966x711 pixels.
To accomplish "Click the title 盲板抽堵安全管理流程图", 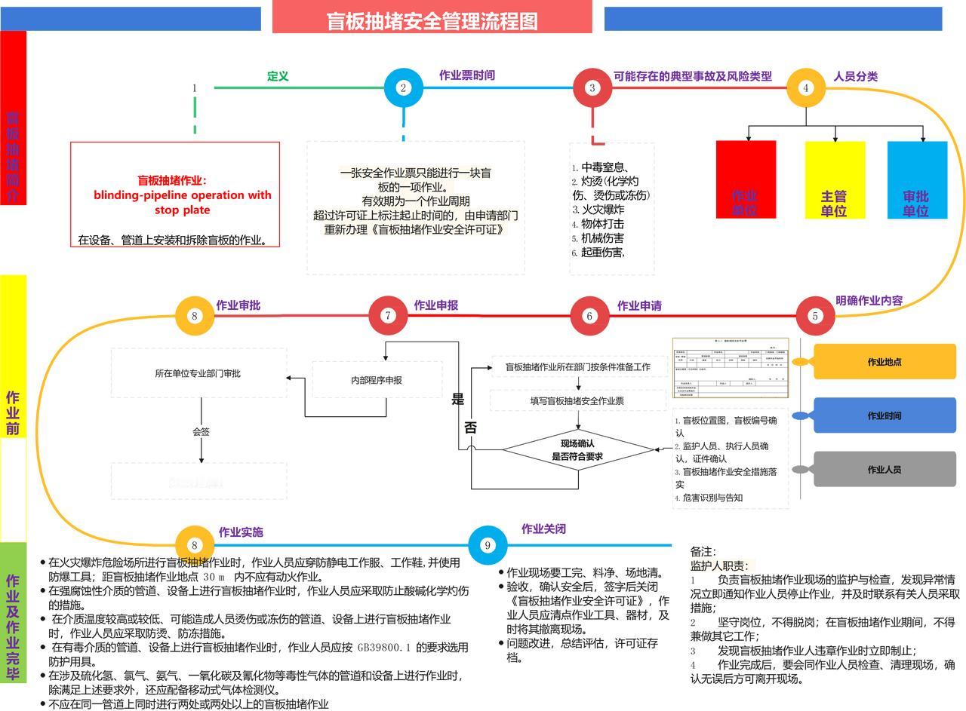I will pos(432,20).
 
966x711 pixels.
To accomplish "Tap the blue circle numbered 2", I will pos(403,87).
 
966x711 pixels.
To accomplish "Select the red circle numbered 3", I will pos(592,87).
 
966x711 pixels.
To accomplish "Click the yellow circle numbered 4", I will pos(805,87).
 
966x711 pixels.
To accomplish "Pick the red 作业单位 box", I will pos(746,179).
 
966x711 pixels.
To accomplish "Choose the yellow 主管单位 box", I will pos(835,179).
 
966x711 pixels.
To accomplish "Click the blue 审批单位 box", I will pos(917,179).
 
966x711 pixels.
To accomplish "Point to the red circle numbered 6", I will pos(589,316).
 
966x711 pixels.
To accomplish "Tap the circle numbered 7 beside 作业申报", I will pos(388,315).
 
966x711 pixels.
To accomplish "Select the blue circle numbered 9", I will pos(488,545).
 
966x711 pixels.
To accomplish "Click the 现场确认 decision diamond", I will pos(578,449).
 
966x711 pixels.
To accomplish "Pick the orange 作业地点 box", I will pos(884,362).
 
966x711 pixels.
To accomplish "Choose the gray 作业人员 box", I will pos(884,470).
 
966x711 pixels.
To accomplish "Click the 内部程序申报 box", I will pos(377,380).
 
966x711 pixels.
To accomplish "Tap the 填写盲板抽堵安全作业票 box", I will pos(577,401).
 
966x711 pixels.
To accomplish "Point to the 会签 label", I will pos(201,432).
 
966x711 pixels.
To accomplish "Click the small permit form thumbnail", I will pos(730,367).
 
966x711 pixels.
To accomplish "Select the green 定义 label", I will pos(278,76).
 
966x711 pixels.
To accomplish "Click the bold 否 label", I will pos(471,428).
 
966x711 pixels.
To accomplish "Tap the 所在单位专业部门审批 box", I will pos(198,373).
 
